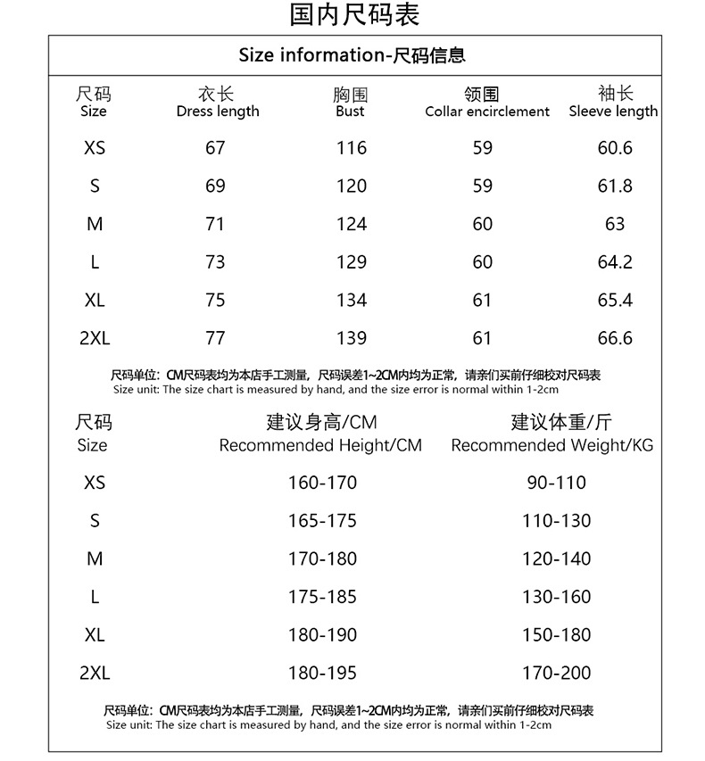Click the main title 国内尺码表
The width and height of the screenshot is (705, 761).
[x=354, y=14]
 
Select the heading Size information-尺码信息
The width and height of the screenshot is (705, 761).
[x=352, y=55]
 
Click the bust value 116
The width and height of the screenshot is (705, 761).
[x=351, y=148]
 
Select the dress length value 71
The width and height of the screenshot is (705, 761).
[x=215, y=224]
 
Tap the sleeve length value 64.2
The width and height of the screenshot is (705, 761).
[x=614, y=262]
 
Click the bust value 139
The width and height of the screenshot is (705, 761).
[x=351, y=338]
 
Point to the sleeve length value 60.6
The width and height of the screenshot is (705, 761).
[x=614, y=148]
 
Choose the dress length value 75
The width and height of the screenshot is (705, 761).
[x=215, y=301]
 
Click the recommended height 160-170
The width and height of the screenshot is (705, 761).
[x=321, y=483]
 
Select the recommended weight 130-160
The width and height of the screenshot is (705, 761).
[x=556, y=597]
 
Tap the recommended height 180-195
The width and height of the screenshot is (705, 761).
[x=321, y=674]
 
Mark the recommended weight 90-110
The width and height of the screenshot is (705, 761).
[x=556, y=483]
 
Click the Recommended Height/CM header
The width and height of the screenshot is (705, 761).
[x=320, y=445]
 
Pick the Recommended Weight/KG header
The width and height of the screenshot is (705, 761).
[x=552, y=445]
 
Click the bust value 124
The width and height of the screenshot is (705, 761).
[x=351, y=224]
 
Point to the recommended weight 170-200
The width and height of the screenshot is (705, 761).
[x=556, y=674]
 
